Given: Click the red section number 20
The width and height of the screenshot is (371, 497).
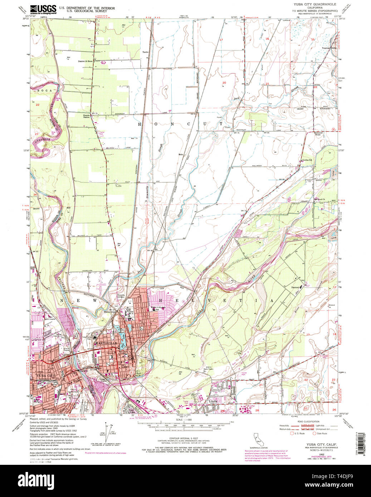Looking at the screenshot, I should coord(224,83).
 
